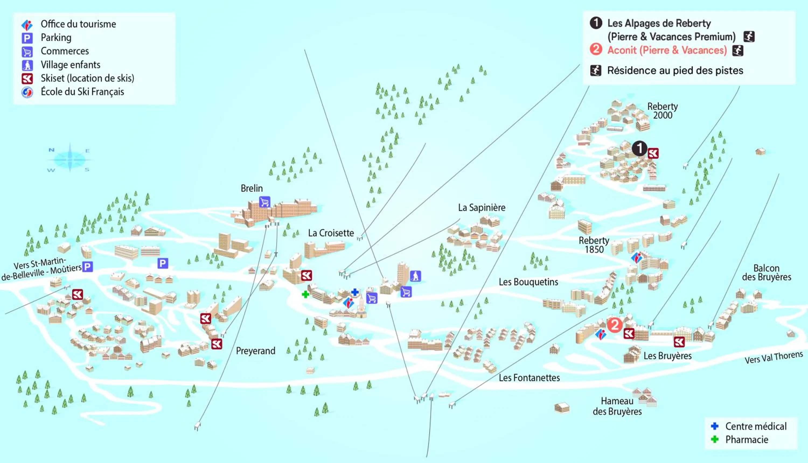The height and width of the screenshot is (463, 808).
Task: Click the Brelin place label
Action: point(252,188)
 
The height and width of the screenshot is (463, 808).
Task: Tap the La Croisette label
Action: point(331,233)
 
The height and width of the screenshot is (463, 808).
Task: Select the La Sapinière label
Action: point(482,208)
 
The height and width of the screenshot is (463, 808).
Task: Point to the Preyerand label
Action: point(255,351)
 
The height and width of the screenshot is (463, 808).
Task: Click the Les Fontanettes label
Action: point(529,378)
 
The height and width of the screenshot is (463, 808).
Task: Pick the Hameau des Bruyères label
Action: point(617,406)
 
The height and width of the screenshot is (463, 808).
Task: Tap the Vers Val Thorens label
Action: point(774,357)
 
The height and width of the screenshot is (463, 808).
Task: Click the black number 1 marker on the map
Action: point(639,148)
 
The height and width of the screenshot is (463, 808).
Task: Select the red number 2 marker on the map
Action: point(615,325)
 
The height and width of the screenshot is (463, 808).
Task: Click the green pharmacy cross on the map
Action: point(305,294)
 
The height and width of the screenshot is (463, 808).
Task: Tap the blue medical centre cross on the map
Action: point(355,292)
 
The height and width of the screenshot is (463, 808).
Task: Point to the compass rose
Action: point(70,158)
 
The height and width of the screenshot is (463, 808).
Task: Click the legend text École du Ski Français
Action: point(82,92)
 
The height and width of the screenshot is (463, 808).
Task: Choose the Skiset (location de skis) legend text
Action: point(88,78)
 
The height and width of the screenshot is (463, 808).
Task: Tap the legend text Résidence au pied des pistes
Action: point(675,70)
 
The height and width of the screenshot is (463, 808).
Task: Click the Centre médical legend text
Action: point(756,426)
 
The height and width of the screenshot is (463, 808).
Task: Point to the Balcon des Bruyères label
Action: point(767,272)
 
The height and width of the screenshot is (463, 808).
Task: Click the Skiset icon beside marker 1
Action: point(653,153)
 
